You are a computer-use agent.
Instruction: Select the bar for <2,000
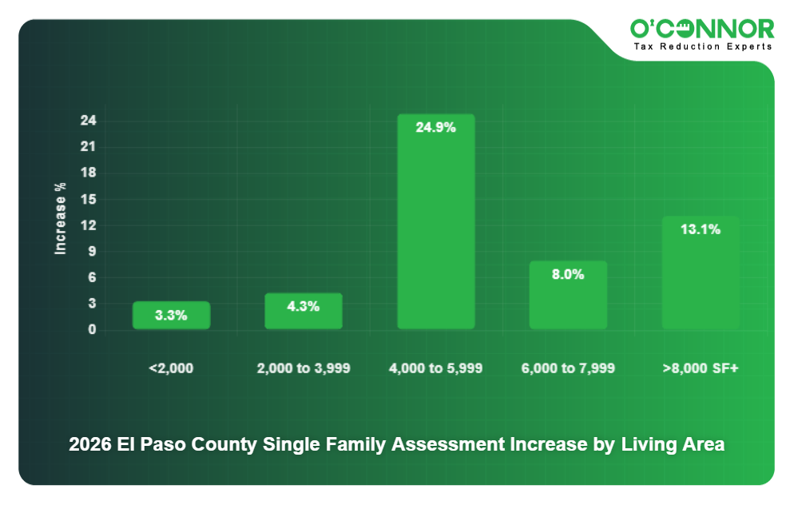point(171,316)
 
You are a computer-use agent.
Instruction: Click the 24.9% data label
point(435,127)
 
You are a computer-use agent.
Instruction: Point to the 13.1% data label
point(701,229)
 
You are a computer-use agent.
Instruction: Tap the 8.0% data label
point(568,274)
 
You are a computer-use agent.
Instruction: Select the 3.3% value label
point(171,315)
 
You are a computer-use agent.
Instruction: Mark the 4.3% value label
point(304,306)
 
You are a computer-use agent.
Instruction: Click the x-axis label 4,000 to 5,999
point(435,368)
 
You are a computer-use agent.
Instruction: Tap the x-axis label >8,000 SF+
point(701,368)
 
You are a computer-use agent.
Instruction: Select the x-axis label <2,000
point(171,368)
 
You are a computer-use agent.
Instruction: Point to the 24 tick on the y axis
point(88,121)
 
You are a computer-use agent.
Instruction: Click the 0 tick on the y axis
point(92,329)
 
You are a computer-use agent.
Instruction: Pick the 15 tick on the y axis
point(88,199)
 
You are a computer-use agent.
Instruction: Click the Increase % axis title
point(60,219)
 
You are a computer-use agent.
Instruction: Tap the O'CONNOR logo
point(702,30)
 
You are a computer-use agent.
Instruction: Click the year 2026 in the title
point(89,445)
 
